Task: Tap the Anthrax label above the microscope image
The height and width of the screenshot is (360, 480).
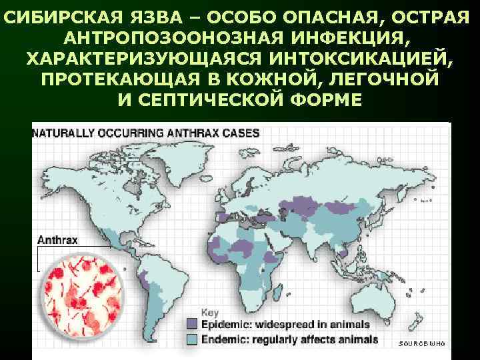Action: click(57, 239)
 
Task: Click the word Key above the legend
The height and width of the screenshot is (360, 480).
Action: click(209, 312)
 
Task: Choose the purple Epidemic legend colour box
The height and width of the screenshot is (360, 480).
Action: click(192, 325)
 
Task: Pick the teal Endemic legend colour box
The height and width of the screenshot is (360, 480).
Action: click(192, 339)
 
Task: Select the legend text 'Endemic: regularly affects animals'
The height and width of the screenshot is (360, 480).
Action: click(289, 339)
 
